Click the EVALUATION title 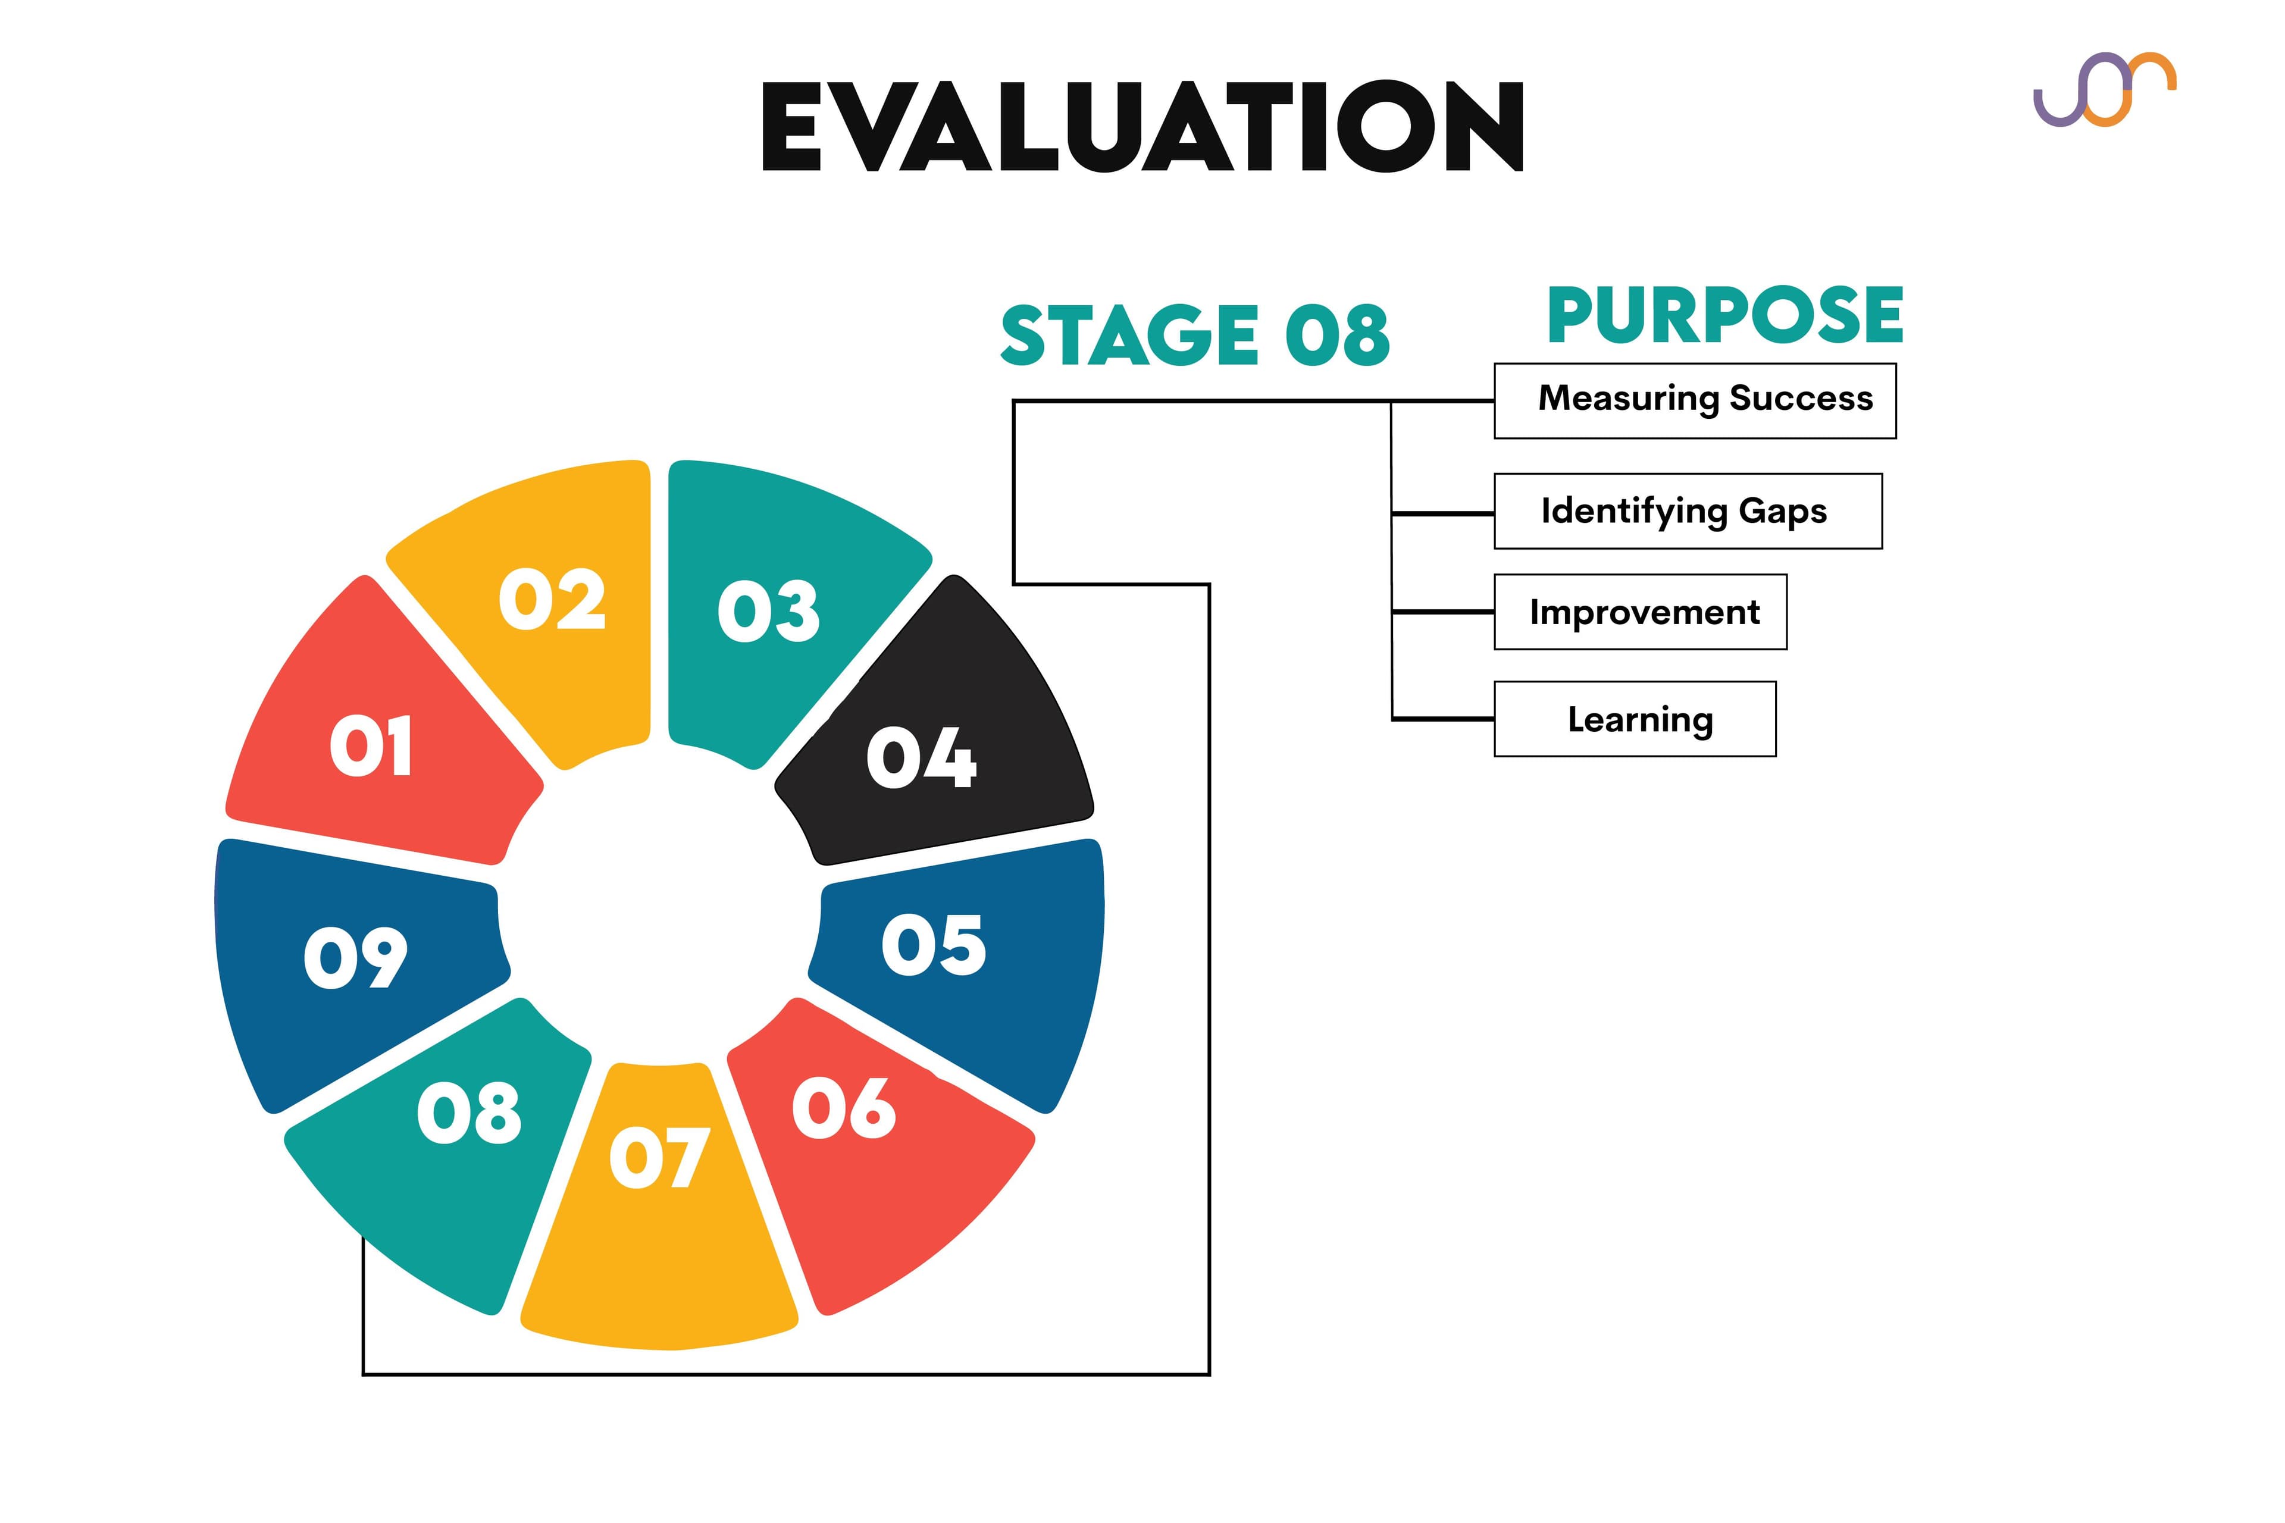click(x=1142, y=126)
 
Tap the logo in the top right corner click(x=2104, y=89)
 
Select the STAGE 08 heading click(x=1195, y=335)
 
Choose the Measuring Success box click(x=1694, y=400)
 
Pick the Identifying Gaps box click(x=1688, y=511)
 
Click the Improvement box click(x=1640, y=612)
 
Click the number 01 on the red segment click(x=371, y=746)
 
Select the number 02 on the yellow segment click(x=552, y=598)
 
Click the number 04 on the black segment click(x=921, y=757)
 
